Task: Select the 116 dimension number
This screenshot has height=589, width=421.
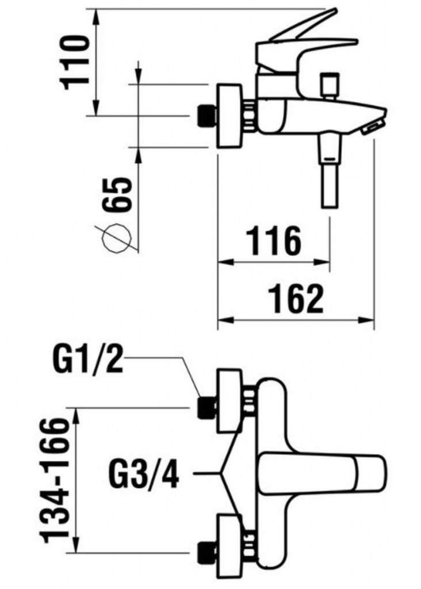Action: tap(274, 240)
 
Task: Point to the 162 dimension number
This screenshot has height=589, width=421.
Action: tap(296, 299)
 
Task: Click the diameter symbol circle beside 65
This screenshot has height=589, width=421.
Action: tap(118, 239)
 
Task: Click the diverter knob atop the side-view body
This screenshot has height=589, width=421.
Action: tap(329, 85)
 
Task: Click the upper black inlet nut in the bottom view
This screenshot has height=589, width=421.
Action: tap(206, 407)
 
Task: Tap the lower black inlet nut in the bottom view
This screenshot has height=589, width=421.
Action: tap(206, 552)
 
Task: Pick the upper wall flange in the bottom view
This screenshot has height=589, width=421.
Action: tap(229, 401)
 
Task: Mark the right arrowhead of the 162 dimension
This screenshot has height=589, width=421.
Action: tap(368, 320)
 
